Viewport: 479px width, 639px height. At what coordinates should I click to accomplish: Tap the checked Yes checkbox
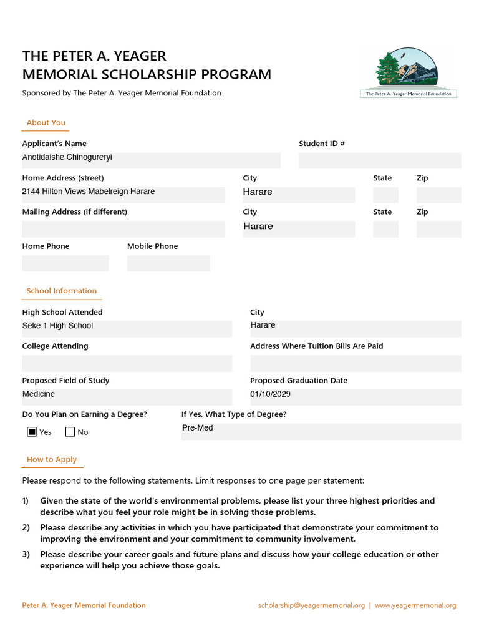[32, 431]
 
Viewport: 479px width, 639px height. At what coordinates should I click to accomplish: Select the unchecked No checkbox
[70, 431]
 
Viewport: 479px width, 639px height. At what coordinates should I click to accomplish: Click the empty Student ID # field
[379, 160]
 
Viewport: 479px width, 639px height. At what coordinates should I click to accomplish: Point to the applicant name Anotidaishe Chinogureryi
[67, 157]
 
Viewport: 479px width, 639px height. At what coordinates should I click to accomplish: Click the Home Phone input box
[65, 263]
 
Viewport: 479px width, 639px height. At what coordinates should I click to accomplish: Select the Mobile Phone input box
[168, 263]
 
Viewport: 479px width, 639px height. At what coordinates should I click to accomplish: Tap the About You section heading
[46, 123]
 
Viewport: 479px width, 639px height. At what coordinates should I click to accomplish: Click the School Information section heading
[61, 291]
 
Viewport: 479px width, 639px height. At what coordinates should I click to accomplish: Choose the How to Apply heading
[52, 459]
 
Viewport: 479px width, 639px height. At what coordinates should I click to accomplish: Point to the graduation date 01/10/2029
[270, 394]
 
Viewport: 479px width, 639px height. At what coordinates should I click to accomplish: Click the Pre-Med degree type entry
[198, 428]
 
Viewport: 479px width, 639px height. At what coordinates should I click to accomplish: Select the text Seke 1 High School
[57, 326]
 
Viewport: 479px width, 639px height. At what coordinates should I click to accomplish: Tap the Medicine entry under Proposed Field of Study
[39, 394]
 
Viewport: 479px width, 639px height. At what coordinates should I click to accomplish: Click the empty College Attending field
[127, 363]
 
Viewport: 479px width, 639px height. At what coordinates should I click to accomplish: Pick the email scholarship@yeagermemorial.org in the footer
[311, 605]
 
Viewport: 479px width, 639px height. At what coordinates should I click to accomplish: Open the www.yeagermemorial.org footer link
[415, 605]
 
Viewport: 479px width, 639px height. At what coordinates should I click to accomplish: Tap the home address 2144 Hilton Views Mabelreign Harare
[89, 192]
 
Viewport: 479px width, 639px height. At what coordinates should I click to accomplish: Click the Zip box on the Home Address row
[438, 195]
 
